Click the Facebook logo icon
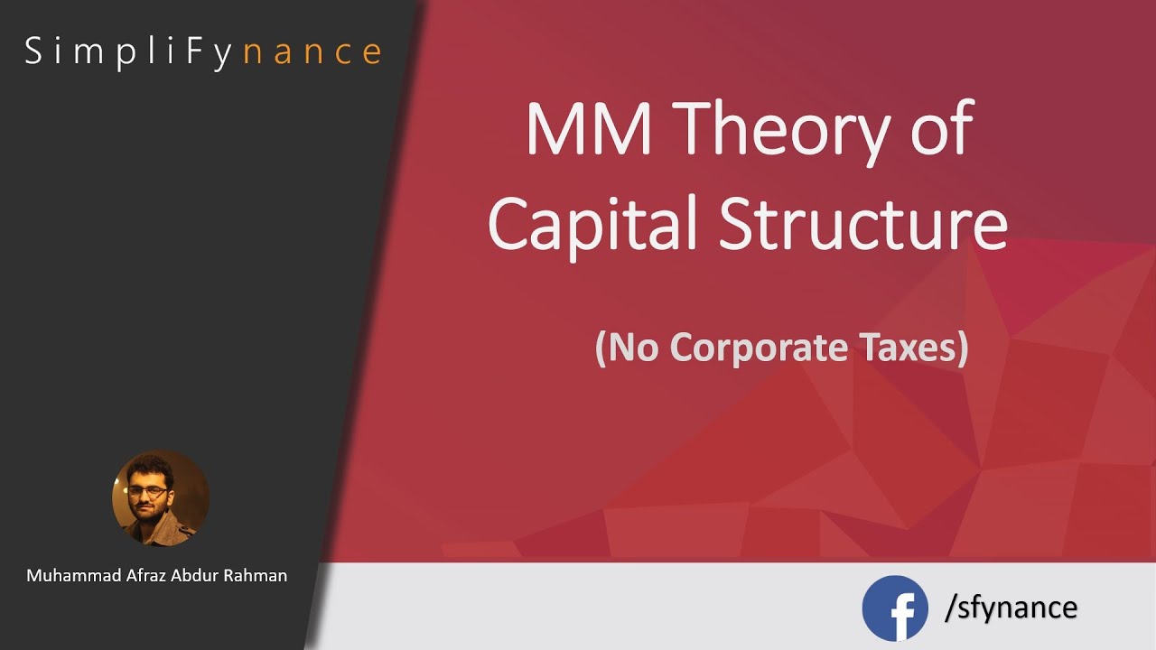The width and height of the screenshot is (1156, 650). click(x=894, y=608)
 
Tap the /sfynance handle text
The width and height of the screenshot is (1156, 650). click(x=1011, y=607)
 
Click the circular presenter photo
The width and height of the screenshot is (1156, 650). click(x=160, y=498)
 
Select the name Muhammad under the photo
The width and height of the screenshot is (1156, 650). click(x=72, y=575)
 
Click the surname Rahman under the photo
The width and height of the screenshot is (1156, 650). click(x=256, y=575)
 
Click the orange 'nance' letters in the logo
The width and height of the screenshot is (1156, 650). click(x=313, y=51)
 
